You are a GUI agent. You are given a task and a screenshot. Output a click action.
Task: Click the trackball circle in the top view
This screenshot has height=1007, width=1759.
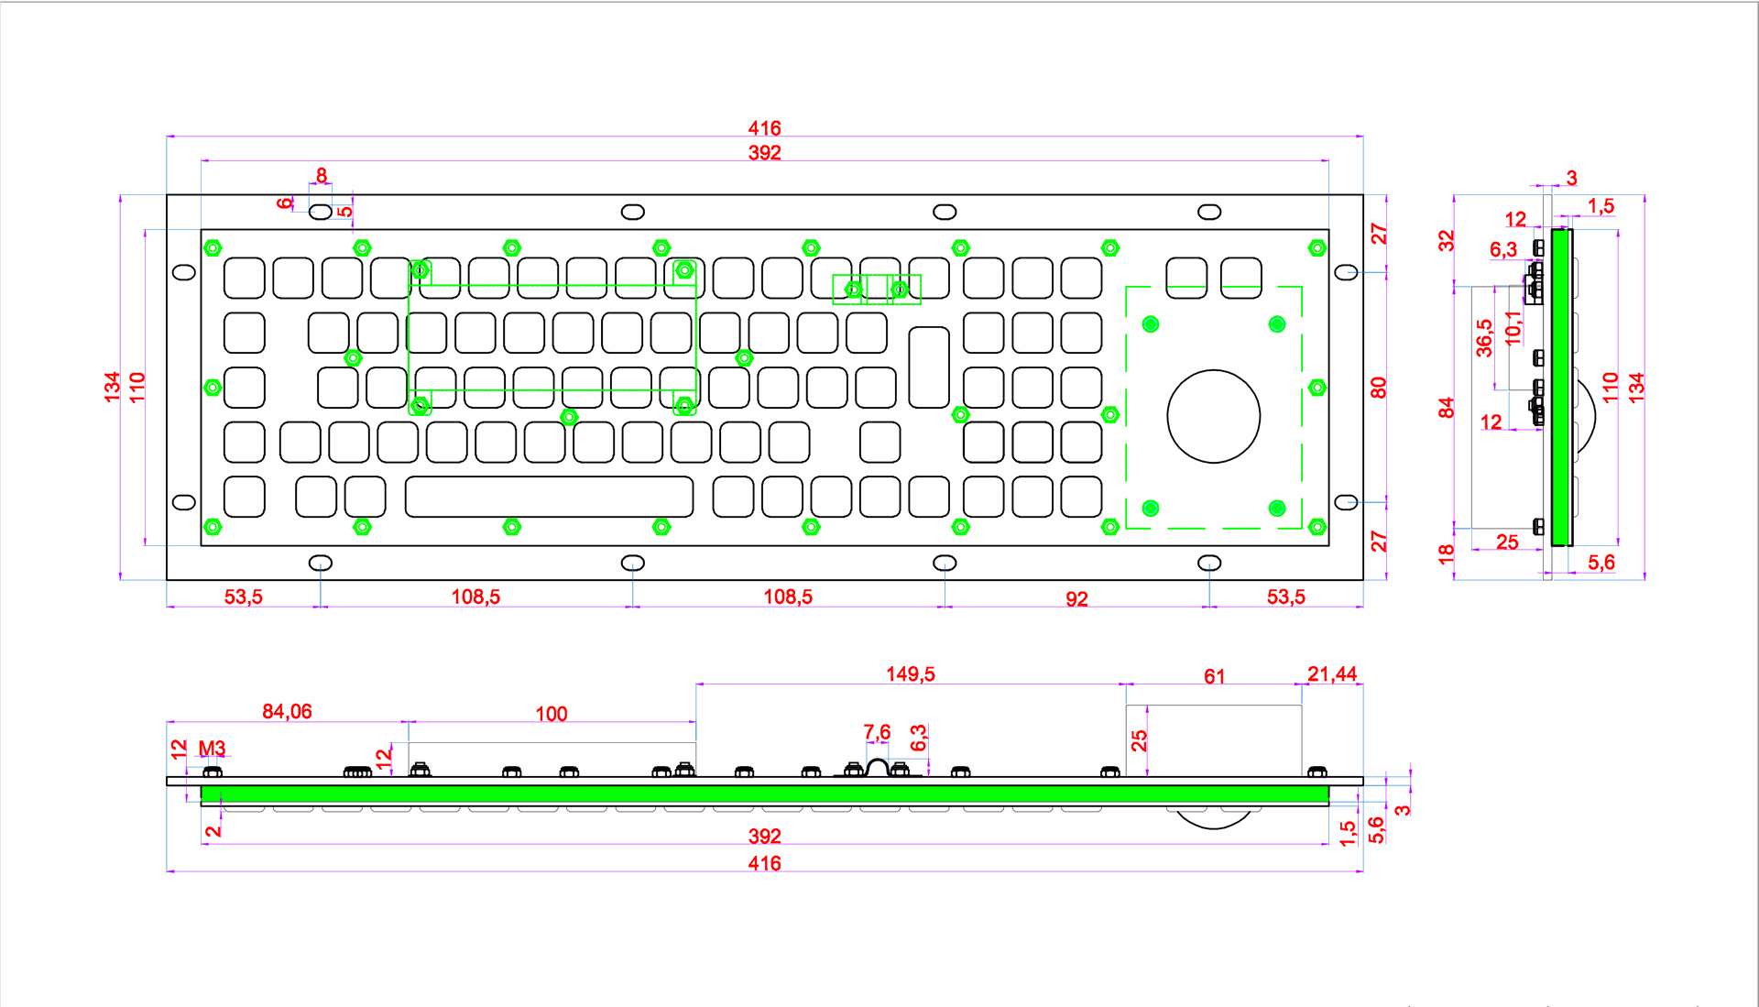(1213, 416)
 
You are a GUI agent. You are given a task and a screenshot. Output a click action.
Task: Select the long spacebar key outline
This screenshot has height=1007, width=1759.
(549, 497)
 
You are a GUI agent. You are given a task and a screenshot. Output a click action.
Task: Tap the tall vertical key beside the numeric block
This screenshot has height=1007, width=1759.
(928, 367)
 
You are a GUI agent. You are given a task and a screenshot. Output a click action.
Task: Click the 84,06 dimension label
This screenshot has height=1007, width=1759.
(287, 712)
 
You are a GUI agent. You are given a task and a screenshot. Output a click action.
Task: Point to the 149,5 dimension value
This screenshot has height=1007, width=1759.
(910, 674)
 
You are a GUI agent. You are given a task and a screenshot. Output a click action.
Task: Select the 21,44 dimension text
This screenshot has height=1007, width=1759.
(1331, 674)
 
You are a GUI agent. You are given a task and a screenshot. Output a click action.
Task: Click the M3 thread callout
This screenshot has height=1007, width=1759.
(212, 749)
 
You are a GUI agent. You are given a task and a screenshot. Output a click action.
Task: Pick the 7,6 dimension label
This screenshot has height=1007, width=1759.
(877, 732)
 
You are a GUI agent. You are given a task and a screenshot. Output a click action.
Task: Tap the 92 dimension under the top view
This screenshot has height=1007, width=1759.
(1076, 599)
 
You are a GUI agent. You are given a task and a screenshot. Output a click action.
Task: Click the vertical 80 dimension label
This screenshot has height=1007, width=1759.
(1379, 388)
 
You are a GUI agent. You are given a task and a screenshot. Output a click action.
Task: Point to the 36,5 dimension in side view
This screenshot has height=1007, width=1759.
(1484, 337)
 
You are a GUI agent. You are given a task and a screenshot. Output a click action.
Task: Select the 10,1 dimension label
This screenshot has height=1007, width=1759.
(1513, 328)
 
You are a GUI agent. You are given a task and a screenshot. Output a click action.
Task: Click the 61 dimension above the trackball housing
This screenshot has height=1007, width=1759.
(1214, 676)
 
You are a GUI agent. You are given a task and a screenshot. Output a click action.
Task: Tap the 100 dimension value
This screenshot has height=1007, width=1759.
(551, 714)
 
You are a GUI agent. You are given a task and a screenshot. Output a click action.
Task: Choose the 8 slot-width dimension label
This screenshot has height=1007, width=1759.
(322, 175)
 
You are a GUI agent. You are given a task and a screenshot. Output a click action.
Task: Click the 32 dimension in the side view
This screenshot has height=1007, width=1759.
(1446, 241)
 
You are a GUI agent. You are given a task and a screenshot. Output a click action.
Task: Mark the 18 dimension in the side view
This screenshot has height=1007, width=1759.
(1446, 553)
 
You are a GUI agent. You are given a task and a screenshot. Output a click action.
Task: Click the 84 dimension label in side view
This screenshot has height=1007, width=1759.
(1446, 407)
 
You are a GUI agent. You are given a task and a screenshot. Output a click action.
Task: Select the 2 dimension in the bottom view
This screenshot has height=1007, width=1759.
(213, 831)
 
